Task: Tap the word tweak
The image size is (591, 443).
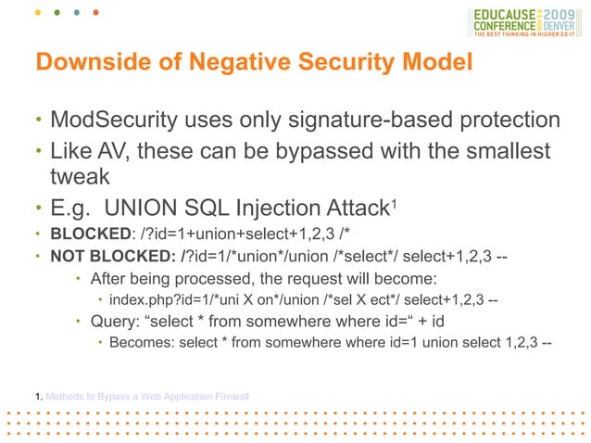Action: (x=82, y=176)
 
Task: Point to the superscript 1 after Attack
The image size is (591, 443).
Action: (x=394, y=198)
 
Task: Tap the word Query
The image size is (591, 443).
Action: (x=113, y=322)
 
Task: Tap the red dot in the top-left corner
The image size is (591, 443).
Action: (x=96, y=16)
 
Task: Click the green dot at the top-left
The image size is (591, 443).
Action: (x=56, y=16)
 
